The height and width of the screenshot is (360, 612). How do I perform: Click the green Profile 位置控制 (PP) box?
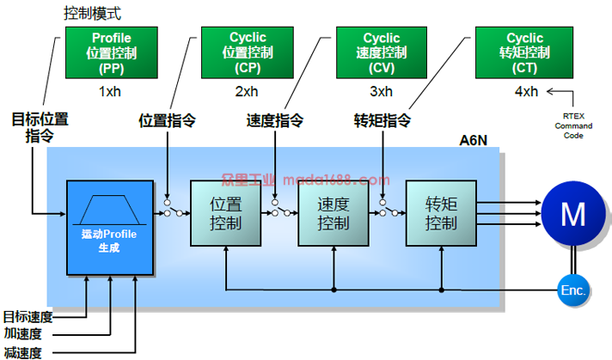click(111, 52)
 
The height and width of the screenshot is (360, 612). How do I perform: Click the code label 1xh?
click(111, 91)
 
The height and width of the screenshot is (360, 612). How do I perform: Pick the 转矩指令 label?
click(383, 120)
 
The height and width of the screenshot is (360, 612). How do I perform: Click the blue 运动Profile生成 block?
click(110, 228)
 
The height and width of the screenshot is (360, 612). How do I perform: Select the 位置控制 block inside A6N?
click(225, 214)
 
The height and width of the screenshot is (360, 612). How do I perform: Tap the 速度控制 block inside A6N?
click(333, 214)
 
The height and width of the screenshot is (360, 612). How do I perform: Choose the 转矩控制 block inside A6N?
click(441, 214)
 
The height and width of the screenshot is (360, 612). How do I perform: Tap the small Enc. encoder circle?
click(573, 290)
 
